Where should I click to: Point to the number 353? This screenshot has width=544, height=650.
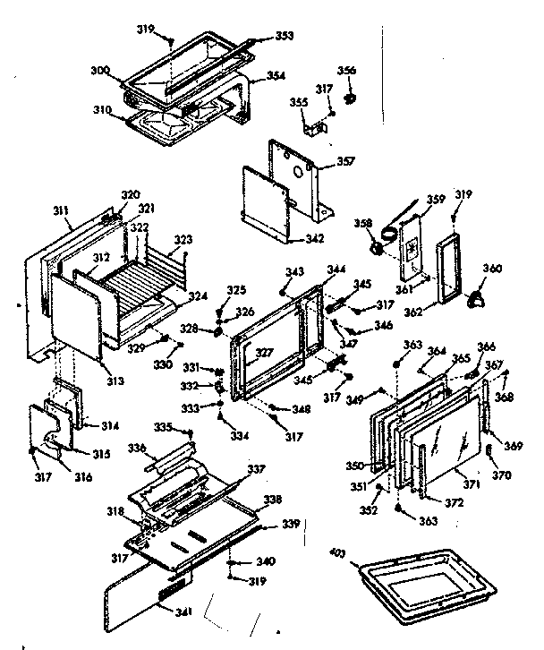(x=285, y=37)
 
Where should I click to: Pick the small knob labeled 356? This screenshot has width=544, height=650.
(x=350, y=96)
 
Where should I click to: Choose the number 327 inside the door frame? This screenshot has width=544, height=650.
(x=265, y=353)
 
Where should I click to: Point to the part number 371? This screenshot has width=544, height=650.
(x=471, y=483)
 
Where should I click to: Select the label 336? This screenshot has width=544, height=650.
(x=135, y=448)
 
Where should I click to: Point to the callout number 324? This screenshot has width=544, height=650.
(x=198, y=296)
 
